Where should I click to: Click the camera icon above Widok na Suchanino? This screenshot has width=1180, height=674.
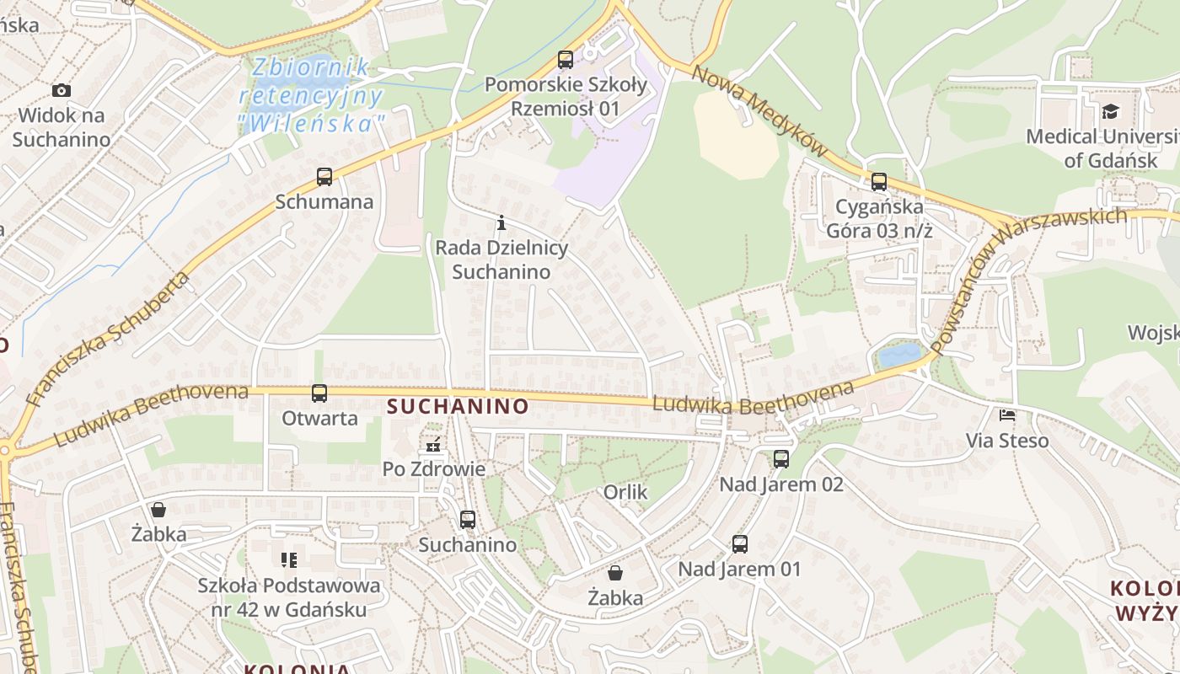click(62, 90)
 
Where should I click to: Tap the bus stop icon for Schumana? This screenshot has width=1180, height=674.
click(324, 177)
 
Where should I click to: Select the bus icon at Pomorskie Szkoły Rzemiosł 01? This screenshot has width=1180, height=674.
click(566, 60)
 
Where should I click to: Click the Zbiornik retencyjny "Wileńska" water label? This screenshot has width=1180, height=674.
click(313, 94)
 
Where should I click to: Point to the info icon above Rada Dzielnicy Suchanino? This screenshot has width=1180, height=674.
click(501, 223)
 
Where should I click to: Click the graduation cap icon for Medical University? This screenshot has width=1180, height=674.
click(1110, 111)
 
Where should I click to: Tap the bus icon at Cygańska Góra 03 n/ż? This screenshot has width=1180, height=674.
click(879, 181)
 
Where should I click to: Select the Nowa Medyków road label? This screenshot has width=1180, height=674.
click(758, 109)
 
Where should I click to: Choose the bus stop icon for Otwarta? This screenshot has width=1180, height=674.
click(319, 393)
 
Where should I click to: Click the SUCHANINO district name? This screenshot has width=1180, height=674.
click(458, 407)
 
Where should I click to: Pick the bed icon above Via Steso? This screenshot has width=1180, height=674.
click(1007, 415)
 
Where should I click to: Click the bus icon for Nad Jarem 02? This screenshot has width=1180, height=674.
click(781, 459)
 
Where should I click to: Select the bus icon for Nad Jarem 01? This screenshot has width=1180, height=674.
click(740, 544)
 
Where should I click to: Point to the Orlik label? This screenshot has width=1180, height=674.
click(625, 492)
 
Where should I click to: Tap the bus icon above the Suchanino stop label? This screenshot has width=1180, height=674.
click(468, 520)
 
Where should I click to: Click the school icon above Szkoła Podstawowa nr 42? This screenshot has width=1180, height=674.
click(289, 560)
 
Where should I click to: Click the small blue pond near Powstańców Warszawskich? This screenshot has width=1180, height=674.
click(898, 354)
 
